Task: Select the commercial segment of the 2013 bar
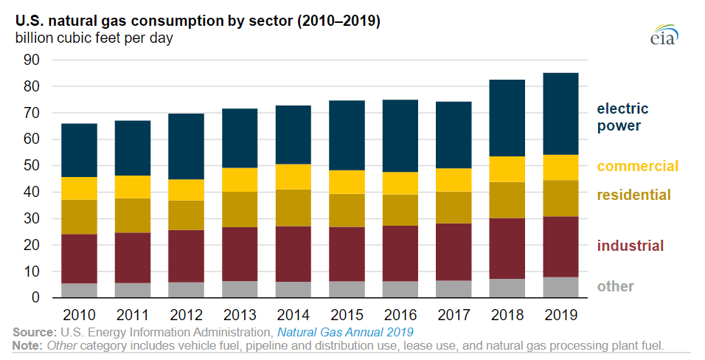click(x=240, y=179)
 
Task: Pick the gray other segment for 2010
click(x=79, y=291)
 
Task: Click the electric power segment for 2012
click(x=186, y=146)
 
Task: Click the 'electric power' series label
click(x=619, y=117)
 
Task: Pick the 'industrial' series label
click(x=631, y=246)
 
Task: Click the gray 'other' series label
click(x=615, y=286)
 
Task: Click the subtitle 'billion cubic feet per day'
click(x=94, y=38)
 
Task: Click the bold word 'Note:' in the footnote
click(x=28, y=345)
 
